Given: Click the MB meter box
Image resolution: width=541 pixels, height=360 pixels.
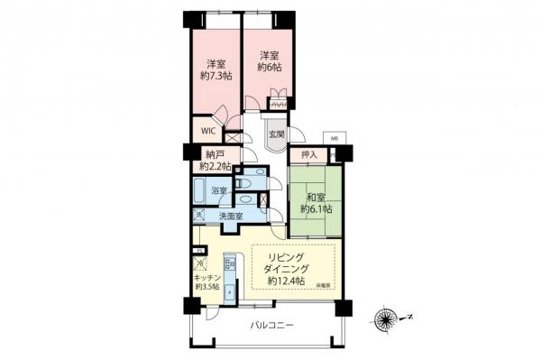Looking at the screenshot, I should tap(334, 139).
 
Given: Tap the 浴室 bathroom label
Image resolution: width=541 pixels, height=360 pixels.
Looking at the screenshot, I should tap(218, 190).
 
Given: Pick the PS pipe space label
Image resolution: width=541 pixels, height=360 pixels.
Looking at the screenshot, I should tap(197, 250).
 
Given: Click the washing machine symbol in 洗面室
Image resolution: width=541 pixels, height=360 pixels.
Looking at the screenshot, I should tap(199, 217).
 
